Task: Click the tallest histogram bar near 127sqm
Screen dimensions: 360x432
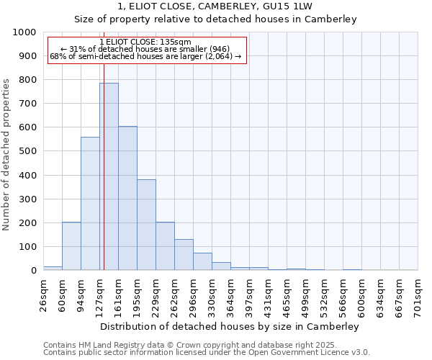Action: (109, 176)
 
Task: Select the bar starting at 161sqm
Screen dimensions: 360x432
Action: (127, 198)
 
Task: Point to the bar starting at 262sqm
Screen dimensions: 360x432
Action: (184, 255)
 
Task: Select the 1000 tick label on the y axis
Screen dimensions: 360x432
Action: (24, 32)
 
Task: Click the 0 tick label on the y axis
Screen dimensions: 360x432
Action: (33, 271)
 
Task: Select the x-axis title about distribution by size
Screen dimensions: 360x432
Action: (230, 326)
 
